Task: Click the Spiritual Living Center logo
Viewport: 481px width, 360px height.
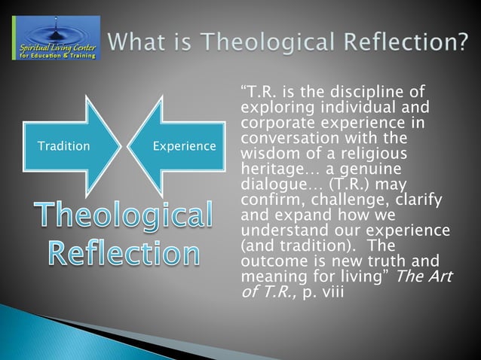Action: pos(54,38)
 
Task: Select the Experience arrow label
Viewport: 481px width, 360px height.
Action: pos(185,145)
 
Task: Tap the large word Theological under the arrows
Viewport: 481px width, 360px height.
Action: pos(122,215)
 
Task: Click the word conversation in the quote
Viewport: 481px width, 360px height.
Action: pos(286,136)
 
